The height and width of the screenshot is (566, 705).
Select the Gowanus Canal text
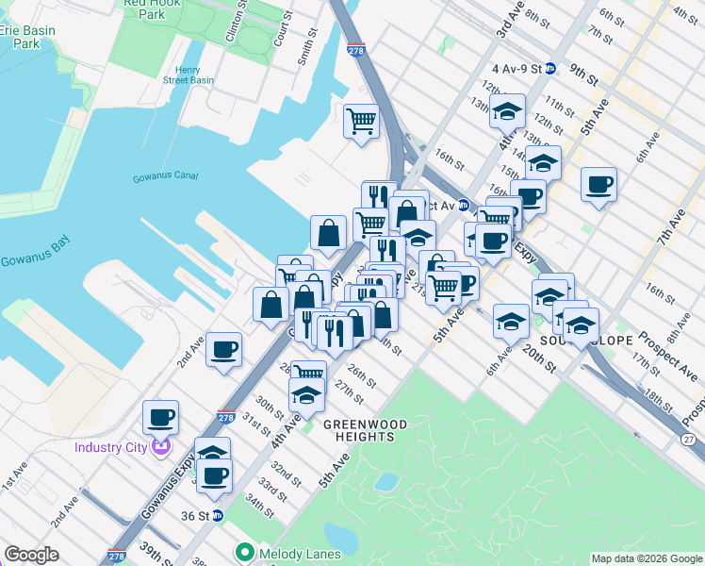[x=163, y=177]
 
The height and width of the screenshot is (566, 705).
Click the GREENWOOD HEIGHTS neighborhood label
[x=365, y=424]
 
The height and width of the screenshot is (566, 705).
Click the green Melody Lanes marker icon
[x=246, y=550]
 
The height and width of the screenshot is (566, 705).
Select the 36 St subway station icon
[x=218, y=515]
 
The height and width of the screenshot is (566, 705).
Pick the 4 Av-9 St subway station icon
[x=550, y=69]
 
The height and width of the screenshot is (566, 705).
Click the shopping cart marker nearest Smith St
[x=361, y=121]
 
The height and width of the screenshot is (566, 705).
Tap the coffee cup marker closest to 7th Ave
[x=598, y=184]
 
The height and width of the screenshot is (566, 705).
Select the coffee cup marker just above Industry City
[x=160, y=417]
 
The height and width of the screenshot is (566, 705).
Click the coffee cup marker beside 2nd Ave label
[x=223, y=350]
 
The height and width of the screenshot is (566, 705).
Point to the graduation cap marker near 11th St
[x=507, y=111]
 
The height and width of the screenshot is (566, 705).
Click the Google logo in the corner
[x=31, y=555]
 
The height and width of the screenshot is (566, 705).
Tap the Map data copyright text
[x=645, y=558]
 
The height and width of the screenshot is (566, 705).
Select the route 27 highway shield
[x=688, y=440]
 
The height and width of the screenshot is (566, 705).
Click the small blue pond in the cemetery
[x=385, y=481]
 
